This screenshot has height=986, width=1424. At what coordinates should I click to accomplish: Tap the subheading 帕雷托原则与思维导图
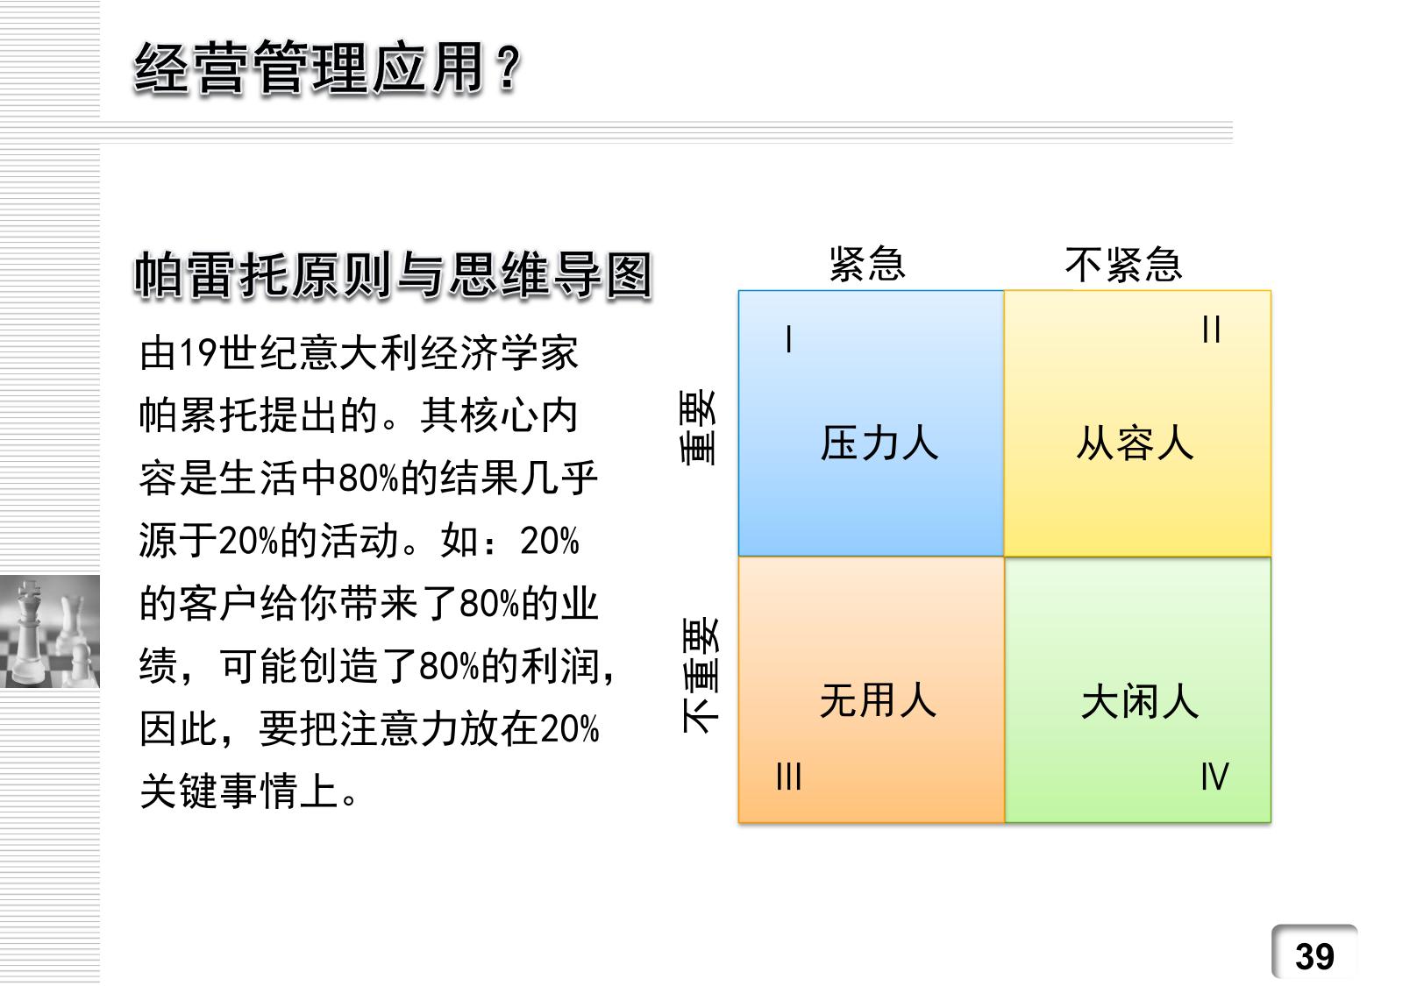tap(394, 275)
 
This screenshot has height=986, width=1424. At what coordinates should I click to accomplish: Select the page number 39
tap(1314, 956)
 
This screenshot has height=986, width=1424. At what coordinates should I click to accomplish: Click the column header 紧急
tap(867, 264)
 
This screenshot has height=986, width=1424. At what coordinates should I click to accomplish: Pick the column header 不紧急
tap(1123, 265)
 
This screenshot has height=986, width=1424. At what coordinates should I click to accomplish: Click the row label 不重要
tap(700, 676)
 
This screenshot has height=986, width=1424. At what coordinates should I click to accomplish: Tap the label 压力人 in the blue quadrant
tap(879, 443)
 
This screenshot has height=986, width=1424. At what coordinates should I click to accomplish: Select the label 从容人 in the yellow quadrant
tap(1135, 443)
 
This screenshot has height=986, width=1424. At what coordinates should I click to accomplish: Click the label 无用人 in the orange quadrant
tap(878, 701)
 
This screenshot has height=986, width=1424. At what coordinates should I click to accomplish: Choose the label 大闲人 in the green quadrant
tap(1140, 702)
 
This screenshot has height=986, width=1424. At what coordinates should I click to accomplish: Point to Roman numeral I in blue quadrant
tap(789, 338)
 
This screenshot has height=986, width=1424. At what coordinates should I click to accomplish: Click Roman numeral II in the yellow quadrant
tap(1211, 329)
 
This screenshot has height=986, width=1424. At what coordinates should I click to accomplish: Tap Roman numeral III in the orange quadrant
tap(789, 777)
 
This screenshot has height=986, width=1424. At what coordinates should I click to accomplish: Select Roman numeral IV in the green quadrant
tap(1214, 777)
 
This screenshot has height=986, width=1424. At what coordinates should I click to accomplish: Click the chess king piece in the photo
tap(27, 632)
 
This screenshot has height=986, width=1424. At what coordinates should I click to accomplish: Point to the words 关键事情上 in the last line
tap(239, 791)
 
